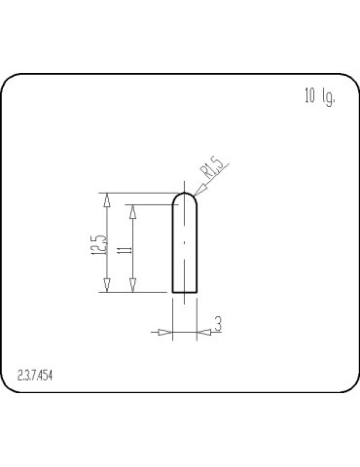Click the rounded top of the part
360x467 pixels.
coord(185,195)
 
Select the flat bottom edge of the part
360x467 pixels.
coord(185,292)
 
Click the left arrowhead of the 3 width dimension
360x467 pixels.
coord(165,333)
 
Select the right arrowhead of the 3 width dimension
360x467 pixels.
coord(203,333)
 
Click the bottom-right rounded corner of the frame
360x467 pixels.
coord(344,387)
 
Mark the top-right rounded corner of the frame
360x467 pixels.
coord(344,81)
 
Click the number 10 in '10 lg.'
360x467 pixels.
coord(310,97)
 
